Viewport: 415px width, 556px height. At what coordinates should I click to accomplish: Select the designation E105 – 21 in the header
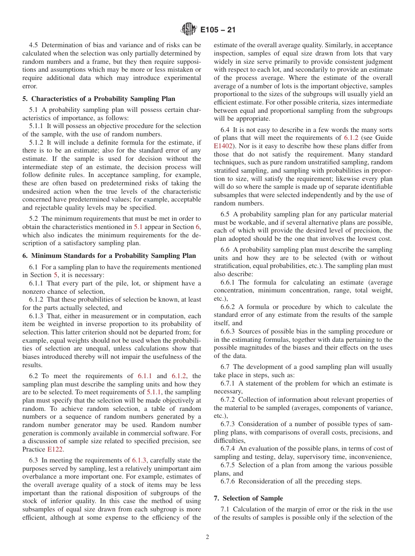pos(218,30)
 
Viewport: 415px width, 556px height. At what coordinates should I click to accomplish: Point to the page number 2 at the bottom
pos(207,537)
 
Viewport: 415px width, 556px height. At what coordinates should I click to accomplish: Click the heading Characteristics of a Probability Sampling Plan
pos(104,99)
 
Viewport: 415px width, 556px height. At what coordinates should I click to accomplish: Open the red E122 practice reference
pos(55,449)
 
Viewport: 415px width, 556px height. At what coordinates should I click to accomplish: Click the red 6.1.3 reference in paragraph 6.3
pos(140,460)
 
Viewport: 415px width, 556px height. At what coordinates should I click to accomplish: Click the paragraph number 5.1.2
pos(37,142)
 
